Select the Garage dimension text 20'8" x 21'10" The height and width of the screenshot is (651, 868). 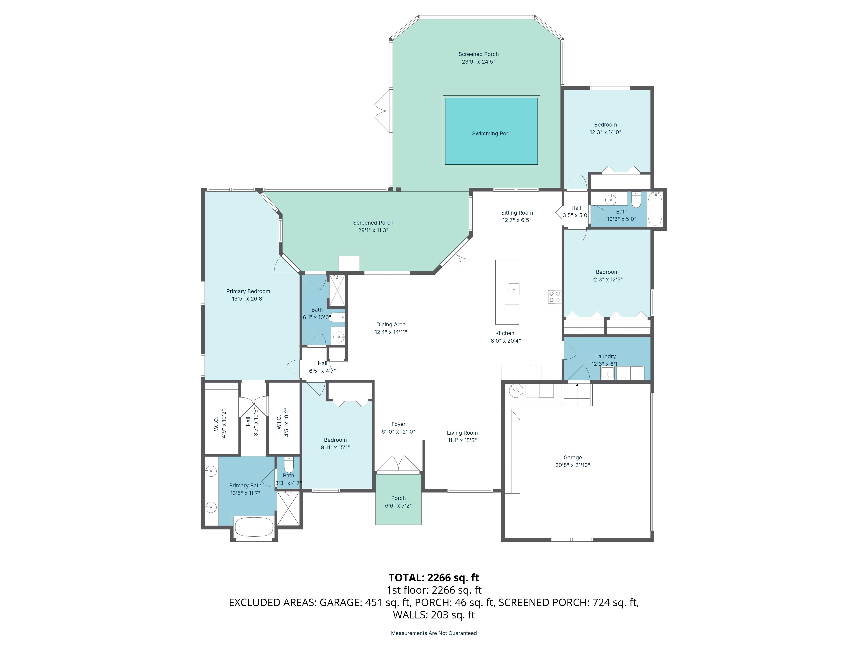point(572,465)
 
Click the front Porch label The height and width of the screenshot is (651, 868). point(398,498)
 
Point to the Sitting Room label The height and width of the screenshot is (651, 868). point(517,213)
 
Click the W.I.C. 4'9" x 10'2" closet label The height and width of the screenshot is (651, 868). point(220,424)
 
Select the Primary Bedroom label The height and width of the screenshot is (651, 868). point(248,291)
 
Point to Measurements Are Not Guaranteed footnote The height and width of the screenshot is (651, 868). point(434,633)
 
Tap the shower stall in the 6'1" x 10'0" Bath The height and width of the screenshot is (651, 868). point(337,290)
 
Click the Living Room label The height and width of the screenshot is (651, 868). point(462,433)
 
